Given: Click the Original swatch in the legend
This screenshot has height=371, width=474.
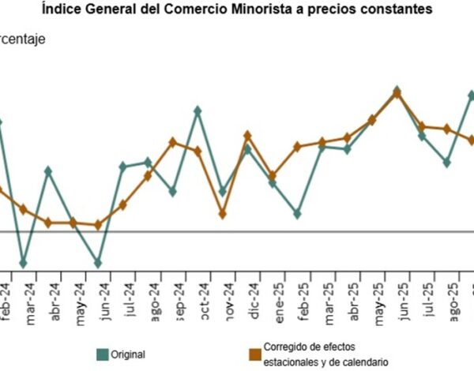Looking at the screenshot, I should (102, 354).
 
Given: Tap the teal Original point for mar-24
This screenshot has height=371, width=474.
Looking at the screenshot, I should (24, 263).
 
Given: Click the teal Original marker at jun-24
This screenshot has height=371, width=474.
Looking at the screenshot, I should (98, 263).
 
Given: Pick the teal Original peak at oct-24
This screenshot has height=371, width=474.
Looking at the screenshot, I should (197, 111).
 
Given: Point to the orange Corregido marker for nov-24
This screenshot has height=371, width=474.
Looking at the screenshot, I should (223, 214).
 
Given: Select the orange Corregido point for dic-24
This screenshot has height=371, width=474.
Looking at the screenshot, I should (247, 136).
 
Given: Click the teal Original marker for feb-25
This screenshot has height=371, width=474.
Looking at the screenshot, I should (297, 214).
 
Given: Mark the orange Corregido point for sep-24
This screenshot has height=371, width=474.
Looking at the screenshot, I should (172, 142).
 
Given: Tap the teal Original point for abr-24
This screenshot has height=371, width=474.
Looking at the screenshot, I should (48, 171).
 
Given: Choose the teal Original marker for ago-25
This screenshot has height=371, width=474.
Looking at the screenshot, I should (447, 163).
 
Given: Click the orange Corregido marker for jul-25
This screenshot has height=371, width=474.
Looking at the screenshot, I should (422, 126).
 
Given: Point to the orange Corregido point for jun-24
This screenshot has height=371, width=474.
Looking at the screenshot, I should (98, 225).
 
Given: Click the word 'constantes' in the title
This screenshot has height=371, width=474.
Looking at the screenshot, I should (400, 9).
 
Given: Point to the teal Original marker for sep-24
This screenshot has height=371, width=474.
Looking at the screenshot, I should (172, 192).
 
